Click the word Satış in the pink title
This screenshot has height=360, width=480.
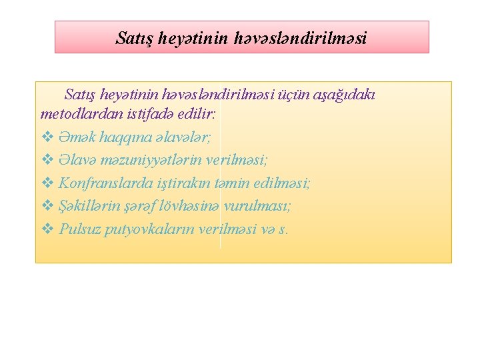click(136, 38)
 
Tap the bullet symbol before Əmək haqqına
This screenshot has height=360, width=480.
click(47, 137)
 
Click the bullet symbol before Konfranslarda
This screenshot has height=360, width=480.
click(47, 183)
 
